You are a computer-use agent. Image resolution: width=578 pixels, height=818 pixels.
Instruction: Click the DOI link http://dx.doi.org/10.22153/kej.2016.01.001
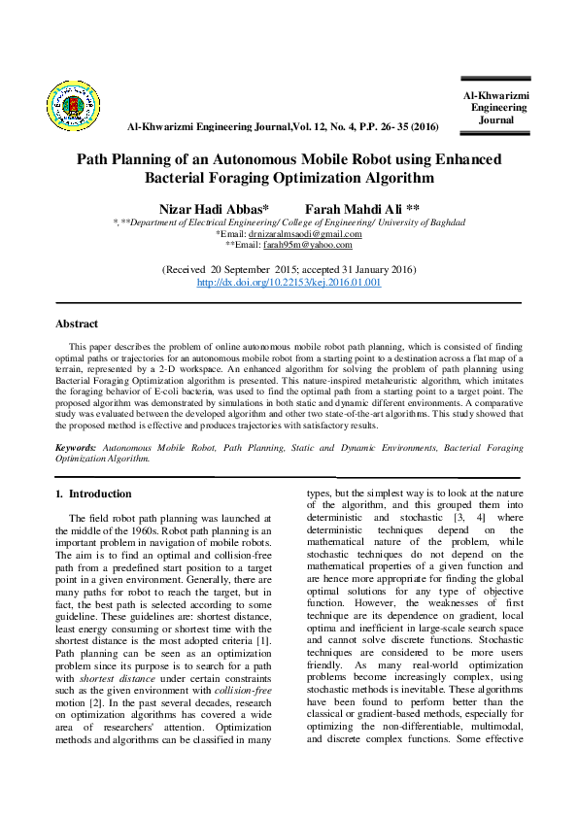[289, 282]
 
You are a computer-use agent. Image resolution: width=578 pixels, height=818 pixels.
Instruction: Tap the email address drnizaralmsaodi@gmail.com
[304, 234]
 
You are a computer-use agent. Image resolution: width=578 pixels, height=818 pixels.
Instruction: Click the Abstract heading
[77, 324]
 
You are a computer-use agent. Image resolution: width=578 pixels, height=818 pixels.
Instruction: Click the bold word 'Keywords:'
[76, 448]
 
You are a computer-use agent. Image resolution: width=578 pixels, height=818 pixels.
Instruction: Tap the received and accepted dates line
[289, 269]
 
